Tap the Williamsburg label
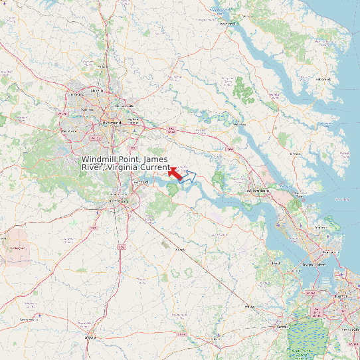coord(258,190)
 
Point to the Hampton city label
coord(325,252)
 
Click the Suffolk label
coord(282,327)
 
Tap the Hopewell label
coord(140,181)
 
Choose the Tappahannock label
coord(228,23)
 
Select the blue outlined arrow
coord(191,176)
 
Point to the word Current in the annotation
coord(154,167)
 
